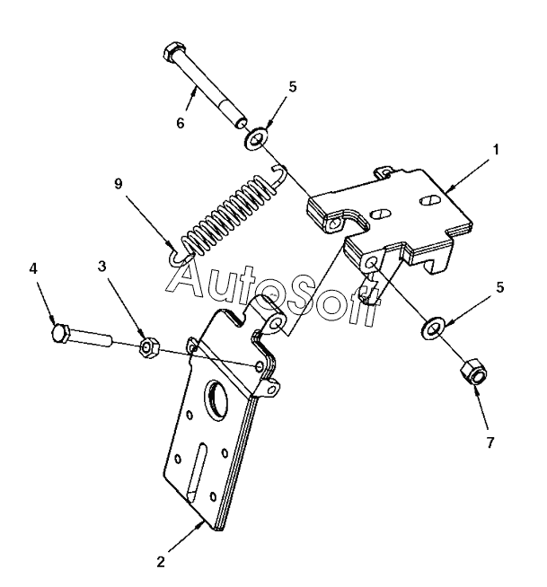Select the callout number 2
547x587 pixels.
[160, 563]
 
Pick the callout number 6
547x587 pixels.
[180, 122]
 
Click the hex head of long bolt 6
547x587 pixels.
[173, 53]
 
